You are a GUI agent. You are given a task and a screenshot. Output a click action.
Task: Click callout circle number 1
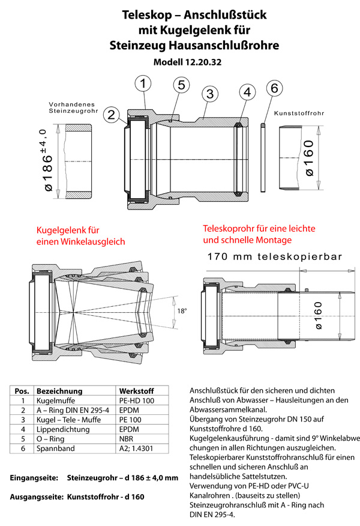tap(143, 84)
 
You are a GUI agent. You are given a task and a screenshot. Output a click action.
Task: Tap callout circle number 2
tap(111, 113)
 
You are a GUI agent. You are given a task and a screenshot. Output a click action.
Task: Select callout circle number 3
tap(209, 94)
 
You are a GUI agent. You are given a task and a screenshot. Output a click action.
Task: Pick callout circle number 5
tap(182, 85)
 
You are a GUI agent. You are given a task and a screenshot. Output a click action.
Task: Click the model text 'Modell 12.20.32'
tap(187, 62)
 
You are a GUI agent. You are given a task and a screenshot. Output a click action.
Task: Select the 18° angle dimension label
tap(182, 310)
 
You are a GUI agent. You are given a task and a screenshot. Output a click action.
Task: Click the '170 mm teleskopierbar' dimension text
tap(274, 257)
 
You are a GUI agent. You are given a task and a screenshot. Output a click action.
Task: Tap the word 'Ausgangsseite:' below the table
tap(35, 498)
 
